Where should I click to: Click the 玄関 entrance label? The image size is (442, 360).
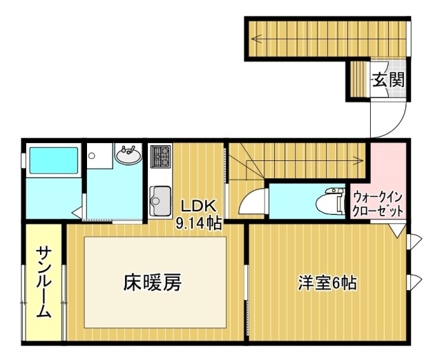(389, 79)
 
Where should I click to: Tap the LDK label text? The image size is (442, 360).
(198, 206)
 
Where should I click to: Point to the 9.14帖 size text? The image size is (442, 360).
(198, 223)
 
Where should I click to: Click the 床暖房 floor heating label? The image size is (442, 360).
(152, 283)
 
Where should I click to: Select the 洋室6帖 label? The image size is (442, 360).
(328, 283)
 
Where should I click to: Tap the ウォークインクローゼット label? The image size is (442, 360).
(378, 204)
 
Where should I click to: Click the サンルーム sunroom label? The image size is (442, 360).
(44, 283)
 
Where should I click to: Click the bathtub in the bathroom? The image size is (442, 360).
(54, 160)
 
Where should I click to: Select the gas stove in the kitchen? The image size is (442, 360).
(161, 156)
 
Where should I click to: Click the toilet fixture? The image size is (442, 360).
(331, 202)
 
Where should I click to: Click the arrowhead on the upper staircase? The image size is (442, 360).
(256, 38)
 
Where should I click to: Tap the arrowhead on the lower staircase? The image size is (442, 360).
(359, 160)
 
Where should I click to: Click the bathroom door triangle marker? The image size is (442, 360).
(77, 212)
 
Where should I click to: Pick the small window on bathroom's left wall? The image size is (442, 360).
(23, 160)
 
